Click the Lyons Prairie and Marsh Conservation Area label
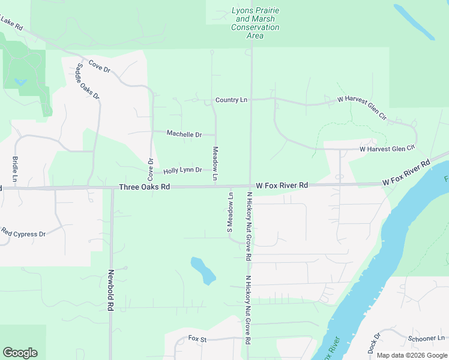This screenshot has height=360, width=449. (255, 23)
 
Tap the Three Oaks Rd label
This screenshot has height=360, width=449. (145, 187)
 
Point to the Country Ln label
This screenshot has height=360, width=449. (231, 100)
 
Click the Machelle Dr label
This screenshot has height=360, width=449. (184, 134)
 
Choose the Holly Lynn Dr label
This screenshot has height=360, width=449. (182, 170)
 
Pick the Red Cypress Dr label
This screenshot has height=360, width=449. (23, 232)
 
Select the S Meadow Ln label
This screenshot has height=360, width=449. (229, 213)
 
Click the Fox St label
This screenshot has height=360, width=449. (197, 340)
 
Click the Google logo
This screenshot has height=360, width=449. (20, 353)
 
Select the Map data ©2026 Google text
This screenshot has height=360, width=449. (412, 355)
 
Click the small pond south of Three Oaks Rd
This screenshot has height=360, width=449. (203, 270)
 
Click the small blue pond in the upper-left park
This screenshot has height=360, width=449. (21, 81)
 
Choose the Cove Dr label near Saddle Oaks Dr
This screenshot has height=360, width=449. (100, 66)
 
